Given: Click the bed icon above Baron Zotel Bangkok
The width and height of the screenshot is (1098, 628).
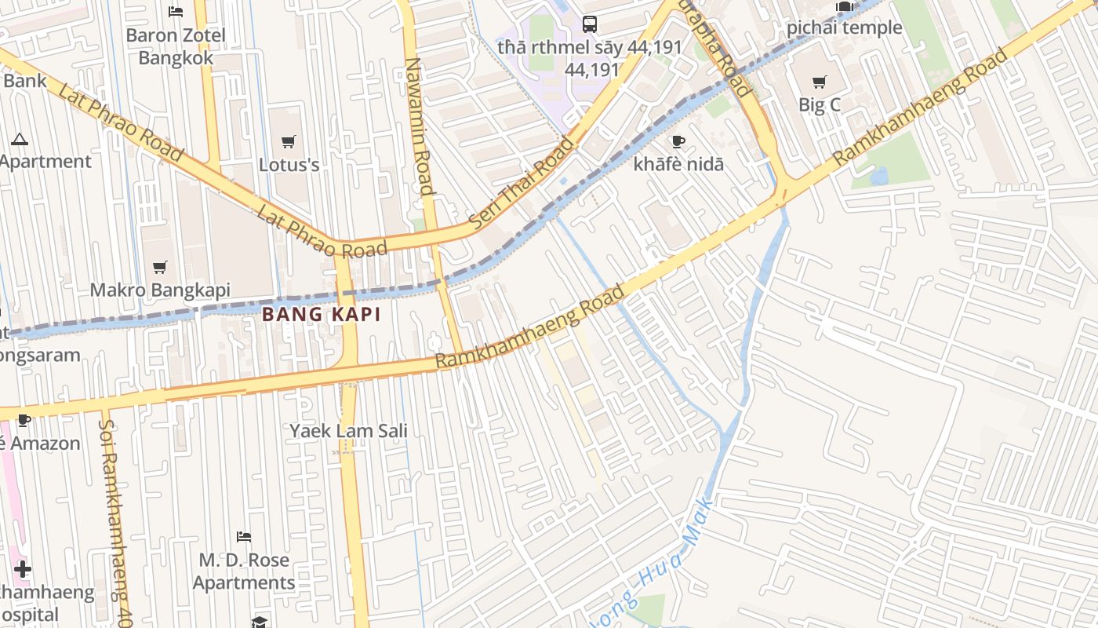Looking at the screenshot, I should (176, 11).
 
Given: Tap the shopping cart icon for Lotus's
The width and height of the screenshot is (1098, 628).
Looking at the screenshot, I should (289, 141).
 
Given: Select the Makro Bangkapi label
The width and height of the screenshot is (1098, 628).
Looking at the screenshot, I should (160, 290).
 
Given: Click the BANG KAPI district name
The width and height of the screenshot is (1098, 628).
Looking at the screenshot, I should (321, 315).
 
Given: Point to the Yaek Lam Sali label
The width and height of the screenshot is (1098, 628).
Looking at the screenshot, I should (348, 431).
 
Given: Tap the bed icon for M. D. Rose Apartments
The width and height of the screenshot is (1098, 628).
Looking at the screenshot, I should (244, 537).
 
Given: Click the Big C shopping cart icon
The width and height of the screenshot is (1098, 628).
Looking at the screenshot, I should (820, 82).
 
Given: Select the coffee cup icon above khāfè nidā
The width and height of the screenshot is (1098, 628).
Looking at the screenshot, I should (678, 141).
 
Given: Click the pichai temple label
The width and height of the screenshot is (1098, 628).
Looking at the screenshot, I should (844, 28).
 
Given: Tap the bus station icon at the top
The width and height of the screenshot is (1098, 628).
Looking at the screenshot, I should (590, 24).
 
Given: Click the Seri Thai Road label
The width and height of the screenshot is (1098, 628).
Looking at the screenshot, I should (522, 183).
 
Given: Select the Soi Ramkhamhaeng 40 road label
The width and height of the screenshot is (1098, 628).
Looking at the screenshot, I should (113, 518).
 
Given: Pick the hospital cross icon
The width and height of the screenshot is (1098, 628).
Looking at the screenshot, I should (22, 569).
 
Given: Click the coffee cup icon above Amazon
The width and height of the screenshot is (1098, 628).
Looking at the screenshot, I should (24, 420).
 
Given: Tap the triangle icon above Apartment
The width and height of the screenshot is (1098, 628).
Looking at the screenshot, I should (20, 139).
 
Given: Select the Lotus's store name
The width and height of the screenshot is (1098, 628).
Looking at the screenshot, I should (289, 165).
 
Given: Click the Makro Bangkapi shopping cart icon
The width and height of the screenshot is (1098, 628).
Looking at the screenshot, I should (160, 267).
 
